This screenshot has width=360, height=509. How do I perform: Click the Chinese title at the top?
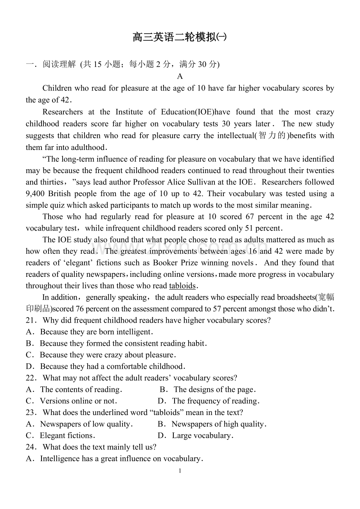[x=180, y=38]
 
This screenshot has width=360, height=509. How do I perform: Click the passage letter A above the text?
[x=180, y=76]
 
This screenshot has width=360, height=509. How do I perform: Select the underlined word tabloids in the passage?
[x=182, y=286]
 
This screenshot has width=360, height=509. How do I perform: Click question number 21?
[x=31, y=321]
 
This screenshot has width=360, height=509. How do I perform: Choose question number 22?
[x=31, y=378]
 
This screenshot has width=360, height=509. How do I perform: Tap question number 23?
[x=31, y=413]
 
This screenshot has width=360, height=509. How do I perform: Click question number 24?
[x=31, y=447]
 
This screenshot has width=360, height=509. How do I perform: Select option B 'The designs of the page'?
[x=208, y=390]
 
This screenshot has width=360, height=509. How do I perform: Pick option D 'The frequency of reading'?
[x=209, y=401]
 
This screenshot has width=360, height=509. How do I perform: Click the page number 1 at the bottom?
[x=180, y=471]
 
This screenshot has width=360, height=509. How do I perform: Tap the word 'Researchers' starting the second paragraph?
[x=63, y=112]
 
